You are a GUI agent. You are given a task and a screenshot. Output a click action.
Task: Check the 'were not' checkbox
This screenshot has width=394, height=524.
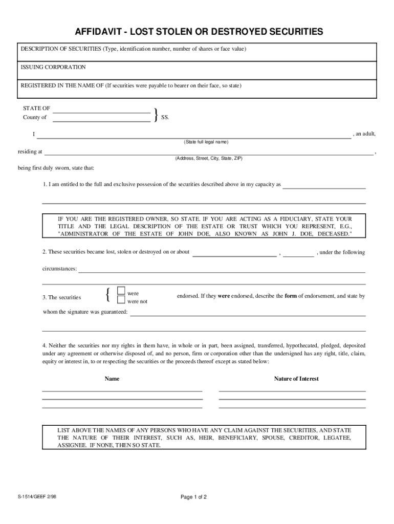pos(121,300)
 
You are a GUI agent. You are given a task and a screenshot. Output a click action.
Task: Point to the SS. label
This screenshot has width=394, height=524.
pos(165,117)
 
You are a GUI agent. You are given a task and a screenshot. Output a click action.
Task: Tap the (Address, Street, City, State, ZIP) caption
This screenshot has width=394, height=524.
pos(208,159)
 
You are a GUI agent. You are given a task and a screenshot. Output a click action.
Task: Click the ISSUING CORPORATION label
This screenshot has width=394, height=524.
pos(53,67)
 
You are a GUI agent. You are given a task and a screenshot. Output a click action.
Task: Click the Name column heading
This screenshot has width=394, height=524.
pos(112,379)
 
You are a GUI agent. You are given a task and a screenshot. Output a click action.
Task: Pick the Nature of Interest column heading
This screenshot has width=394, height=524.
pos(296,379)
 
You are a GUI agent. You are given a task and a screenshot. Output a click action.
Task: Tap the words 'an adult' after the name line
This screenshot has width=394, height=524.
pos(366,134)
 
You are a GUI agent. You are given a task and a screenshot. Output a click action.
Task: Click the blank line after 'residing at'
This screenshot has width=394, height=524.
pos(209,153)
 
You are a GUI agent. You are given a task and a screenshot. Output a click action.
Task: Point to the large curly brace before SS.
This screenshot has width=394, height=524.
pos(155,115)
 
